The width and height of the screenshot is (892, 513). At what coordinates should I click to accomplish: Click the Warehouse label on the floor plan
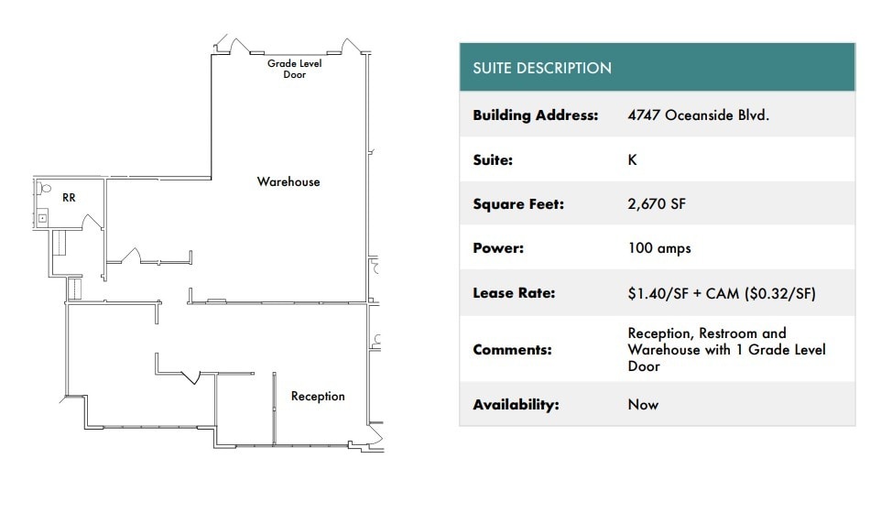coord(288,182)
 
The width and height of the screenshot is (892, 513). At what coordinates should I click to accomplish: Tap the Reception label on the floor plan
coord(318,397)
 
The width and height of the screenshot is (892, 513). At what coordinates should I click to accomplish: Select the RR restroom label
coord(69,197)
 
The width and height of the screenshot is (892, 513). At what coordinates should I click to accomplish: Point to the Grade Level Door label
coord(294,69)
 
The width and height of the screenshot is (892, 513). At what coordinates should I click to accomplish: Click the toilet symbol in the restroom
coord(43,190)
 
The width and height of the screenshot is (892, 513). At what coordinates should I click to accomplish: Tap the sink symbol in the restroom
coord(42,218)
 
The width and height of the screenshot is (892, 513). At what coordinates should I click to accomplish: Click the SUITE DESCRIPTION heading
coord(541,68)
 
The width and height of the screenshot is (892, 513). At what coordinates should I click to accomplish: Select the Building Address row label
coord(535,115)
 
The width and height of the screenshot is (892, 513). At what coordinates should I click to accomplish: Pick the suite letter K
coord(632,159)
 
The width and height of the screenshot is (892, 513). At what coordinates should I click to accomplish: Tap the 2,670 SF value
coord(656,204)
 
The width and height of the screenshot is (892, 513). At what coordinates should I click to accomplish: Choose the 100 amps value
coord(658,248)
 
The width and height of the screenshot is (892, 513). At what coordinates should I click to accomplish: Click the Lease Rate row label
coord(514,293)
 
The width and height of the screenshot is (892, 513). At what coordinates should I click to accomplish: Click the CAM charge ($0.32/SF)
coord(778,293)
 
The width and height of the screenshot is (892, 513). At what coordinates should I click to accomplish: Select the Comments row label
coord(512,350)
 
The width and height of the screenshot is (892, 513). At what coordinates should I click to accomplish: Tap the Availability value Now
coord(643,404)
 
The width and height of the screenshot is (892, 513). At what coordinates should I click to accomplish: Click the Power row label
coord(496,248)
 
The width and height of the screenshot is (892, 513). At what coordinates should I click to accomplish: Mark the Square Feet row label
coord(518,204)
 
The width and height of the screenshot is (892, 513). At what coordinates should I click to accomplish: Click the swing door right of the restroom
coord(92,223)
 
